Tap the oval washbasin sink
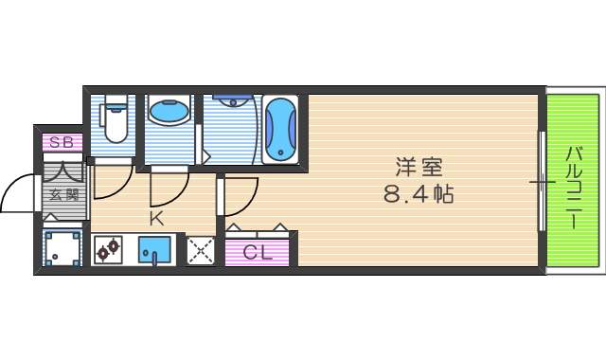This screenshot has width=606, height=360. pyautogui.click(x=169, y=113)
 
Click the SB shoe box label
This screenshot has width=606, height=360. pyautogui.click(x=62, y=142)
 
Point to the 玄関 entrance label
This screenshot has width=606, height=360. pyautogui.click(x=63, y=196)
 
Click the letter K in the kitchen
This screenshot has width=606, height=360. pyautogui.click(x=155, y=217)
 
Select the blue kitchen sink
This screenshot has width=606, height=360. pyautogui.click(x=154, y=250)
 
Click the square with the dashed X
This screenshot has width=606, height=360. pyautogui.click(x=199, y=251)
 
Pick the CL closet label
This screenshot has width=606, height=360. pyautogui.click(x=258, y=252)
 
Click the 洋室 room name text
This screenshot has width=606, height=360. pyautogui.click(x=419, y=168)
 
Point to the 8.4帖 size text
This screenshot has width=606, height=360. pyautogui.click(x=419, y=197)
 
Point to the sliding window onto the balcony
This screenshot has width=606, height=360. pyautogui.click(x=542, y=181)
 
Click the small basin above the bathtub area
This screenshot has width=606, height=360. pyautogui.click(x=231, y=98)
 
